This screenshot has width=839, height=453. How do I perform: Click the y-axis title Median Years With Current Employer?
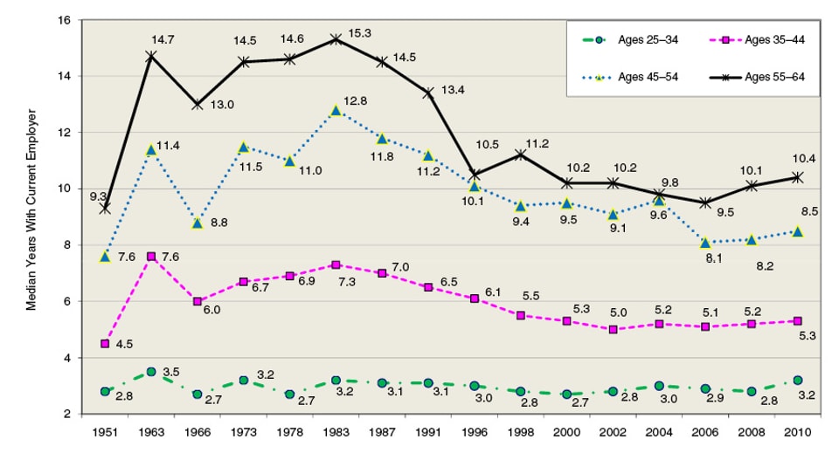click(x=31, y=210)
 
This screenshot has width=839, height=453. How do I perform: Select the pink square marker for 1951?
click(x=105, y=344)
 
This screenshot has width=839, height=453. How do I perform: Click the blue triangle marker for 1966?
click(x=198, y=223)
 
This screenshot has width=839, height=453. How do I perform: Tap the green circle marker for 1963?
click(x=151, y=372)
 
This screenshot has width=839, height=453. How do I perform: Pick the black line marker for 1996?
click(x=475, y=175)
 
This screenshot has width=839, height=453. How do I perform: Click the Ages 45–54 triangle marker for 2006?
click(x=705, y=243)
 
